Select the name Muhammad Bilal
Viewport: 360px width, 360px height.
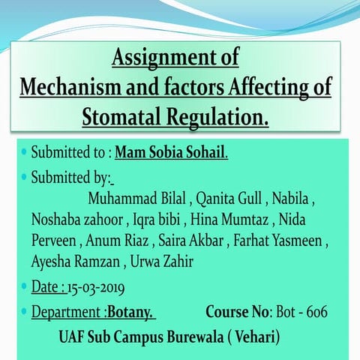pos(136,199)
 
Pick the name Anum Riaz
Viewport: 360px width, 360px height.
pos(116,241)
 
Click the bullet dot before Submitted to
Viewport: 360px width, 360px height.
pos(24,153)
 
